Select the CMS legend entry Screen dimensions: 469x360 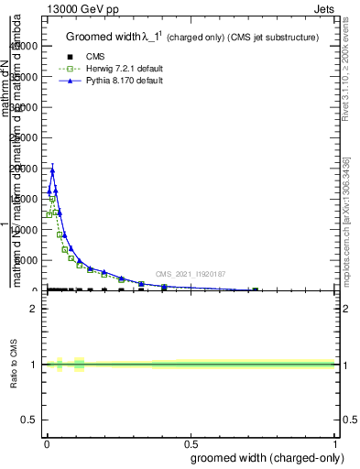point(95,57)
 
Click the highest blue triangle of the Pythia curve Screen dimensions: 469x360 point(52,169)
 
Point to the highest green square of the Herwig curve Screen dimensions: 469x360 point(52,199)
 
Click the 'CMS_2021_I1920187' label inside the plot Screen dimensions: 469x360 point(190,273)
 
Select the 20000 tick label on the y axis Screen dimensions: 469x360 point(26,169)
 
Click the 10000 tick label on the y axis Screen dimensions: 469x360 point(26,230)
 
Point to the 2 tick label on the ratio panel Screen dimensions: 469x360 point(34,309)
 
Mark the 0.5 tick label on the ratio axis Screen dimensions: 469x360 point(29,421)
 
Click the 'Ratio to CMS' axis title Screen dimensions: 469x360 point(14,365)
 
